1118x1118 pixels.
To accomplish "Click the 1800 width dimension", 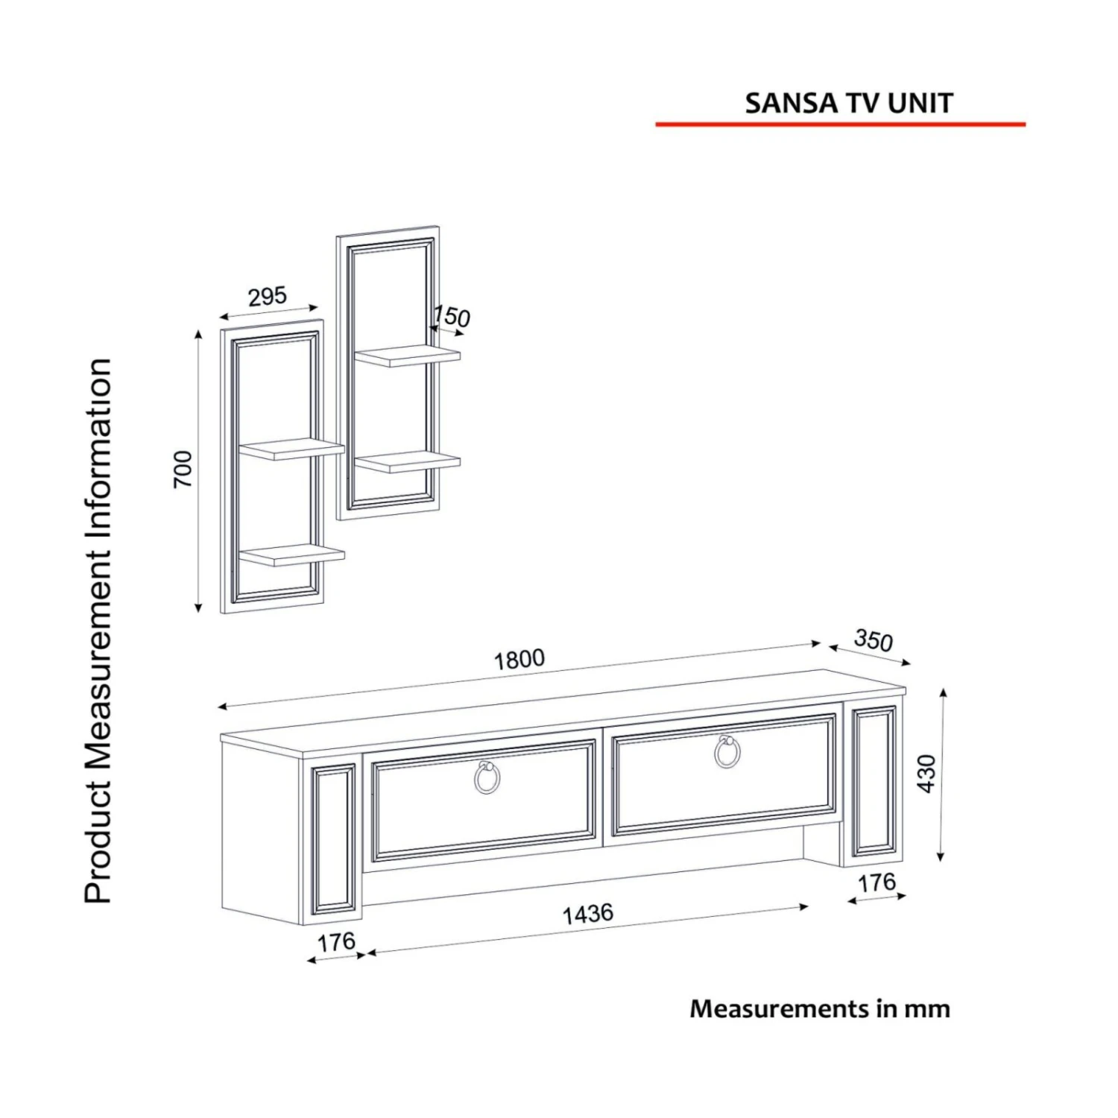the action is click(519, 659).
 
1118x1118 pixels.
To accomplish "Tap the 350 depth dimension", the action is click(874, 640).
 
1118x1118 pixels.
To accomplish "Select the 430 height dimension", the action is click(926, 774).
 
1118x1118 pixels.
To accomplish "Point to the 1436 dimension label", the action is click(587, 914).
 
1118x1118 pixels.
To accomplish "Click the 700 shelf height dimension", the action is click(183, 469).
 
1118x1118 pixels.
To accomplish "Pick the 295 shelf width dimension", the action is click(267, 297).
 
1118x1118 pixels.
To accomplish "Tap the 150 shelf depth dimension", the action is click(452, 316).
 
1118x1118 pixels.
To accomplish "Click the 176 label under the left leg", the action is click(336, 943).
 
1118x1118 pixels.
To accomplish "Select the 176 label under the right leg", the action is click(877, 883).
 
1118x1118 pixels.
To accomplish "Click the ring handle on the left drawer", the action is click(487, 777).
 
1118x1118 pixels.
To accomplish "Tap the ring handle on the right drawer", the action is click(727, 751).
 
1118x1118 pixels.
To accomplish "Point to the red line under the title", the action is click(841, 124).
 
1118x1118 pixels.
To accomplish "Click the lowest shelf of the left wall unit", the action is click(292, 555).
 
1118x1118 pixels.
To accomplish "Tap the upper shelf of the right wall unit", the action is click(408, 356).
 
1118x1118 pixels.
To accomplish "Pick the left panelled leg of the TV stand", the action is click(333, 841).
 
